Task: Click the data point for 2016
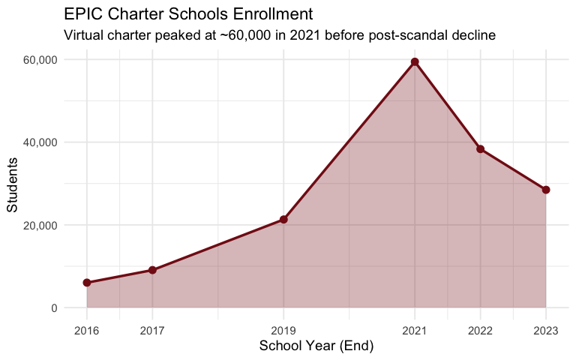pos(87,283)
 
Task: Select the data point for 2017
pos(152,270)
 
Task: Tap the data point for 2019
pos(283,220)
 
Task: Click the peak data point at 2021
pos(415,61)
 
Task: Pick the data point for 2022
pos(480,149)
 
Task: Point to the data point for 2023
pos(546,190)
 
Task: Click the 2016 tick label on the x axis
pos(87,329)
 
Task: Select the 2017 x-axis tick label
pos(152,329)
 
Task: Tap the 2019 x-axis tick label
pos(283,329)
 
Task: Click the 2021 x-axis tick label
pos(415,329)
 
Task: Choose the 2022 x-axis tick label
pos(480,329)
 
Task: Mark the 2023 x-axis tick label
pos(546,329)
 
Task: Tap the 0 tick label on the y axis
pos(54,308)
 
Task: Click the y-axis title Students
pos(13,184)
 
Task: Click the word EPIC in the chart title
pos(81,14)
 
